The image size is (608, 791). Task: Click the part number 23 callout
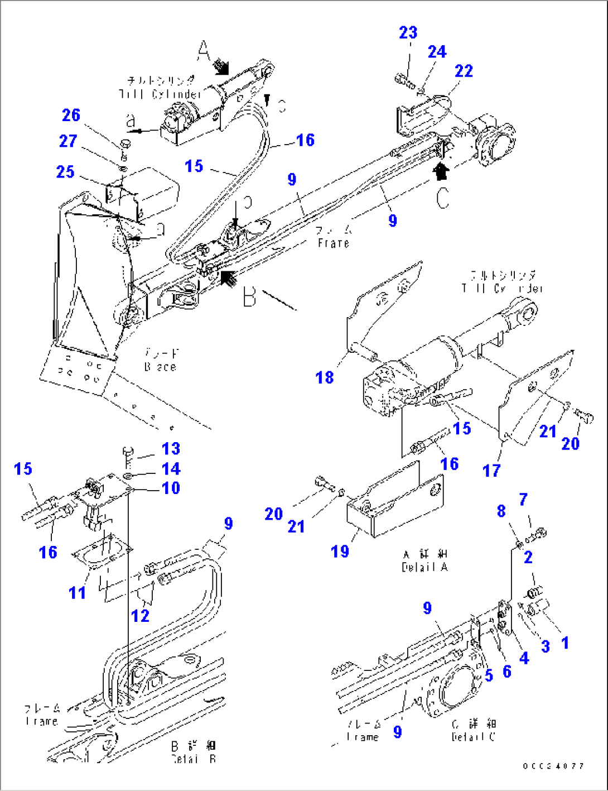point(408,32)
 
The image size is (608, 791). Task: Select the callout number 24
point(437,52)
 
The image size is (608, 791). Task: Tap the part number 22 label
point(464,71)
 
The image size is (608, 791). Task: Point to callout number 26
point(71,115)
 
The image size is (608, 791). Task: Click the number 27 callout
point(68,141)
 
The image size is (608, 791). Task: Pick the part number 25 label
point(65,171)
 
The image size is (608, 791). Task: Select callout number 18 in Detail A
point(324,377)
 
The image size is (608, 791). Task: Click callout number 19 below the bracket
point(340,552)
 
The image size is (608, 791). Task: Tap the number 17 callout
point(491,471)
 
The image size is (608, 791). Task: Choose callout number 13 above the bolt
point(171,449)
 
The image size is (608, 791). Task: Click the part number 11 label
point(77,592)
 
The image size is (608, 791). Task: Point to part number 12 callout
point(140,616)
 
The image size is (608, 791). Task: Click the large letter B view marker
point(249,297)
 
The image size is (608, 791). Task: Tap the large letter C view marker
point(442,198)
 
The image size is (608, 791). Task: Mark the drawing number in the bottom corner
point(553,766)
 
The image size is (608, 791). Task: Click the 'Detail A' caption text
point(424,561)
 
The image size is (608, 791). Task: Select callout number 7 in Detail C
point(523,499)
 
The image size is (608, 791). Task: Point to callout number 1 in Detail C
point(565,643)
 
